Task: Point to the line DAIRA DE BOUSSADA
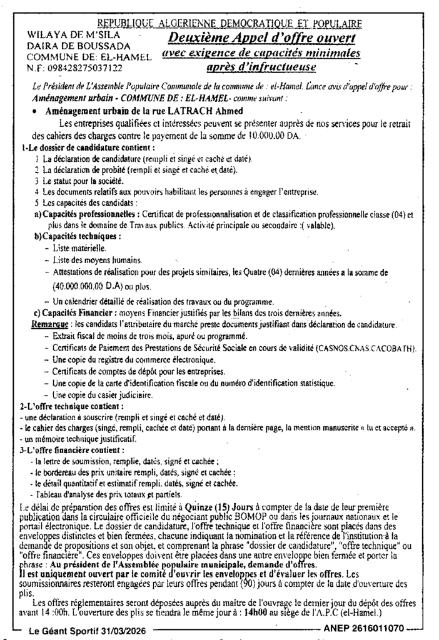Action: [x=78, y=46]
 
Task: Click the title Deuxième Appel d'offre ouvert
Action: [x=261, y=39]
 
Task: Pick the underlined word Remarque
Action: [x=49, y=325]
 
